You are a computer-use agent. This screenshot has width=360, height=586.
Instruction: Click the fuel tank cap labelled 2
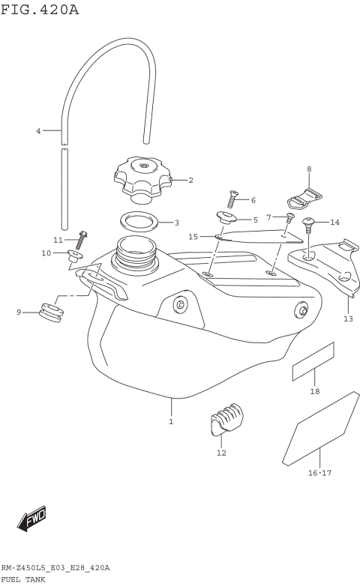141,180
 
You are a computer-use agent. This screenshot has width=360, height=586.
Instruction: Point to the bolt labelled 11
81,240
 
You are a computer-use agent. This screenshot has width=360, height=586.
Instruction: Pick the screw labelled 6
232,199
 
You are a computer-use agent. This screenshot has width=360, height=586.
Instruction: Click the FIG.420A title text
39,10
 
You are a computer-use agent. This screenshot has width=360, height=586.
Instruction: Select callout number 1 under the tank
171,422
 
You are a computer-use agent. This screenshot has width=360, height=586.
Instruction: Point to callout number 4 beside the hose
38,131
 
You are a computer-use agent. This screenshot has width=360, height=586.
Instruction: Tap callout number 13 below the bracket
347,318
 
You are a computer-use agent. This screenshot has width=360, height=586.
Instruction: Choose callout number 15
193,237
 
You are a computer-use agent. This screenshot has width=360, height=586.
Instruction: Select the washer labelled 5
226,218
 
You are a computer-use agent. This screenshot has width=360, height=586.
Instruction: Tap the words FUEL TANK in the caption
22,579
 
